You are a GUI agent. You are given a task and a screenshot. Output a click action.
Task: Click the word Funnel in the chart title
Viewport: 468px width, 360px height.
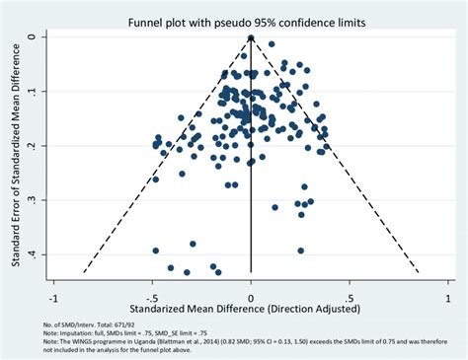point(147,23)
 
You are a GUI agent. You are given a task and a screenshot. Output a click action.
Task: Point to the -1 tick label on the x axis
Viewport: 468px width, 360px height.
point(52,295)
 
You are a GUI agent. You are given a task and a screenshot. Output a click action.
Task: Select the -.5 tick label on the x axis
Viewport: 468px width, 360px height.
point(151,295)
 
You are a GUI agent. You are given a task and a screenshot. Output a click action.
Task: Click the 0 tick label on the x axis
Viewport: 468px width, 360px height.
point(251,295)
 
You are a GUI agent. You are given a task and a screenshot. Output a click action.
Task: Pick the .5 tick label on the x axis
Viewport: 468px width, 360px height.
point(350,295)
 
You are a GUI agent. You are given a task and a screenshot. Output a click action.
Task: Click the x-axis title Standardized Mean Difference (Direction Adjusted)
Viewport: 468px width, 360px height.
point(251,310)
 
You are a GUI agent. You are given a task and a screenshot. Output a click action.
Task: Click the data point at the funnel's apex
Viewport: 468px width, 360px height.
point(251,38)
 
